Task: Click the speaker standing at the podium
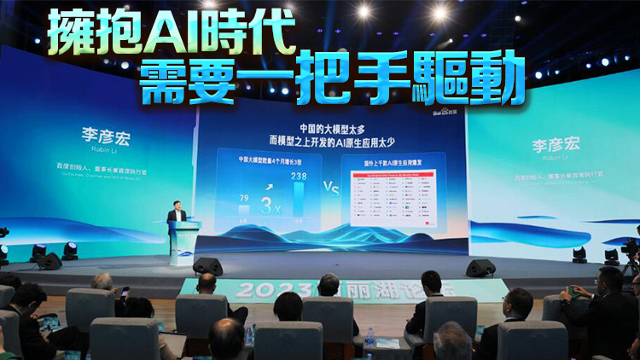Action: tap(177, 215)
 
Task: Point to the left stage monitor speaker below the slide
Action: tap(208, 267)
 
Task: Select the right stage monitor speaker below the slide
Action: tap(480, 268)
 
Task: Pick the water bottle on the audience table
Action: tap(369, 340)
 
